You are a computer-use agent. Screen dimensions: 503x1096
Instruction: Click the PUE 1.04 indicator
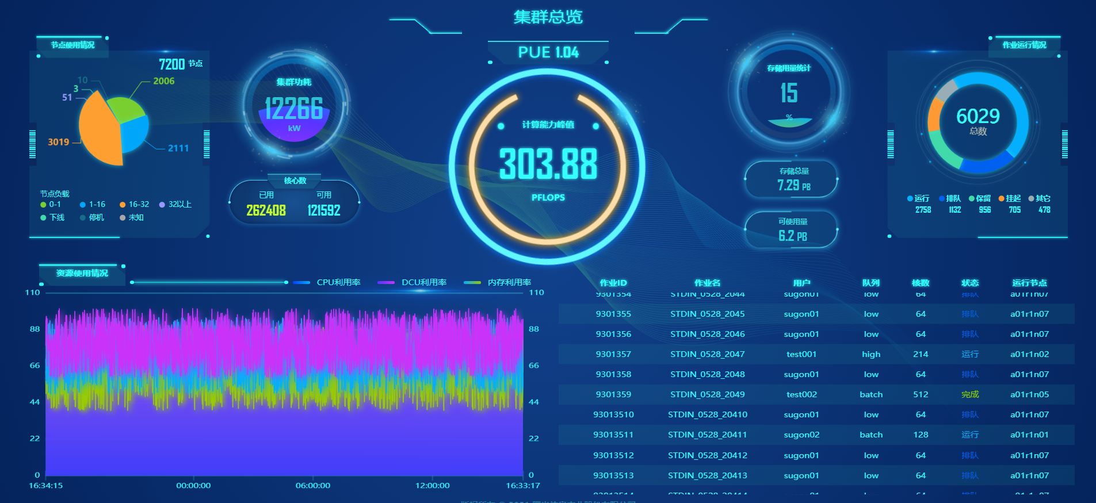[548, 52]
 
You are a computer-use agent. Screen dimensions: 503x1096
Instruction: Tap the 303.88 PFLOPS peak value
[548, 164]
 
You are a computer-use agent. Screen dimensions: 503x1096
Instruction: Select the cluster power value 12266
[293, 109]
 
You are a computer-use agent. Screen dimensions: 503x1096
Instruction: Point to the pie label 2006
[163, 81]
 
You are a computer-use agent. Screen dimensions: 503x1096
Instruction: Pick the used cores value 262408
[266, 210]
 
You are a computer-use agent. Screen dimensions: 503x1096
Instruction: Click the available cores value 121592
[323, 210]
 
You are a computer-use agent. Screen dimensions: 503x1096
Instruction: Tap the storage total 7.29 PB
[793, 185]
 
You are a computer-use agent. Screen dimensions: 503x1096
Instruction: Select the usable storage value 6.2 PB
[792, 236]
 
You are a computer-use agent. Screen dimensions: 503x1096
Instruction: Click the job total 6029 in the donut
[977, 117]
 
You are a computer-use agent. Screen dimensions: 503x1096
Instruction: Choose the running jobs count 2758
[923, 210]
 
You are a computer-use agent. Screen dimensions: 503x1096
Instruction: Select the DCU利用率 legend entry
[423, 282]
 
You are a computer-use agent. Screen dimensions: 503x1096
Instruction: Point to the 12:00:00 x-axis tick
[432, 485]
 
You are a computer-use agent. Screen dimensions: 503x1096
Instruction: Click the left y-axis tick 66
[35, 365]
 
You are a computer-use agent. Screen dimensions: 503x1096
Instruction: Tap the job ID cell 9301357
[613, 354]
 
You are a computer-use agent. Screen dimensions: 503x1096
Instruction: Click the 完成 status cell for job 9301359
[969, 394]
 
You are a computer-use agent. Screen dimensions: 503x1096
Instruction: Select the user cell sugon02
[801, 435]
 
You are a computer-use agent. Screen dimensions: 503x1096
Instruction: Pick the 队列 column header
[870, 283]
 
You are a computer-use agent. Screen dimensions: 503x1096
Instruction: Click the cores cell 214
[921, 354]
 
